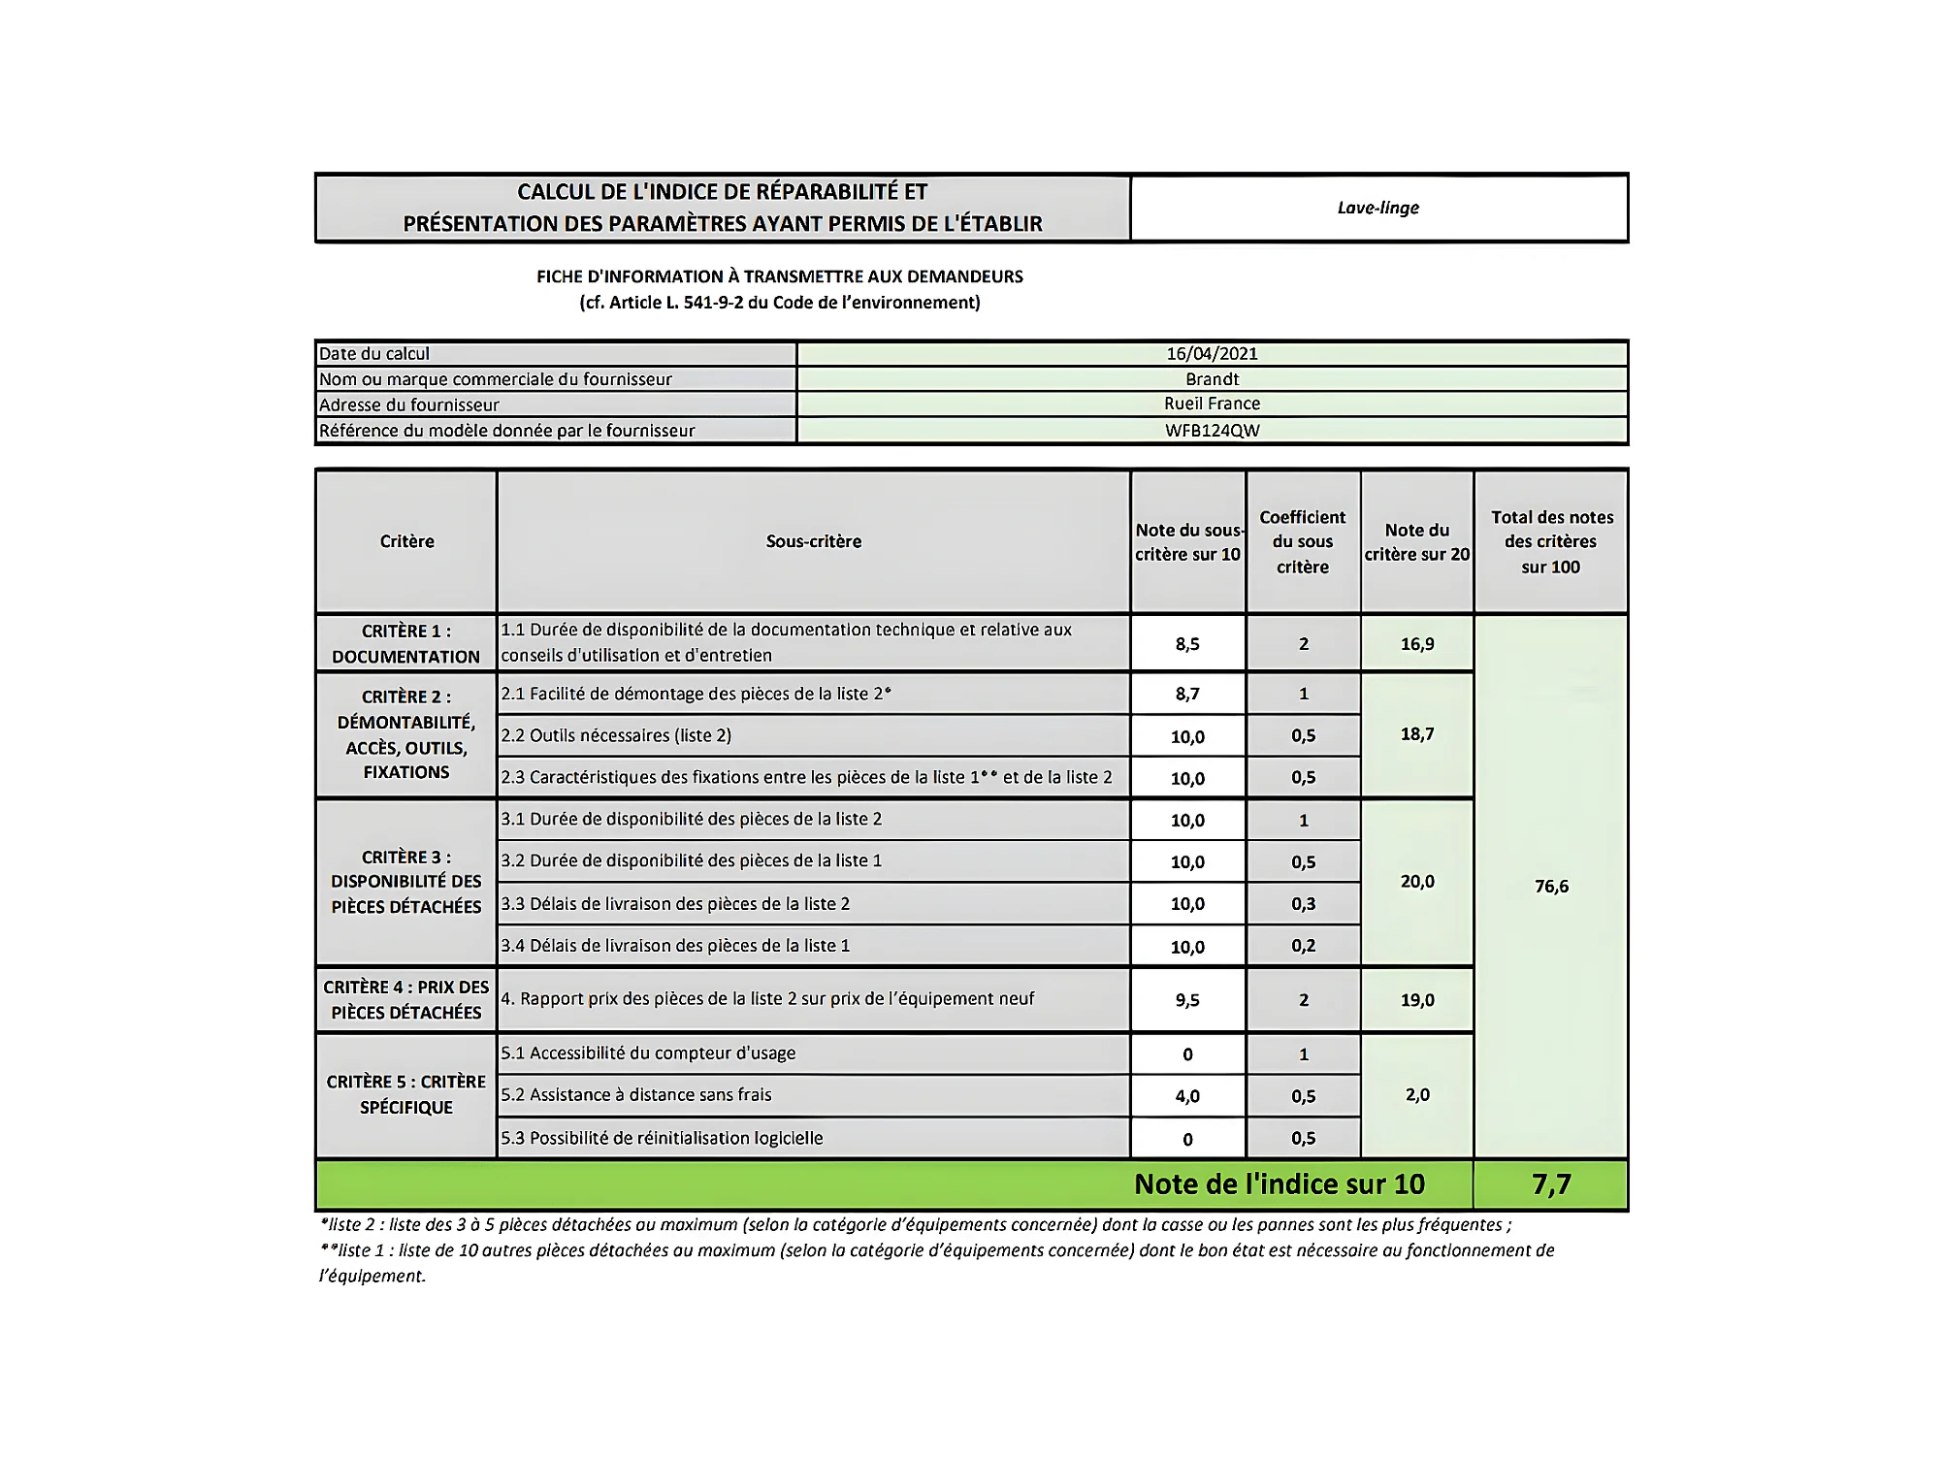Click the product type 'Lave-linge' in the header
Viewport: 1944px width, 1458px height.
[1377, 208]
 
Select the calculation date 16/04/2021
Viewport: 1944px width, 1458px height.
[1212, 354]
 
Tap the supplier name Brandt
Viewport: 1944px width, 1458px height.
[1212, 379]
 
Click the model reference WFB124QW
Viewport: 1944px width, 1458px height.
[1212, 431]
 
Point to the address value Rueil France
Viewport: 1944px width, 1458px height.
[1212, 404]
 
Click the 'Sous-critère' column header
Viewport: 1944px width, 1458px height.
[813, 541]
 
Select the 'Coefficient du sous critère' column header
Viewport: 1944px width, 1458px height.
[1302, 542]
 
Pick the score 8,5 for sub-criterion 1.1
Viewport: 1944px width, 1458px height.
[1187, 644]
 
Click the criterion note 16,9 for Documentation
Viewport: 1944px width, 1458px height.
[1416, 644]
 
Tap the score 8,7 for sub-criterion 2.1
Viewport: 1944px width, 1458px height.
[1187, 695]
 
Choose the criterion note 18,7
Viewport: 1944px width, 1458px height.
[1416, 734]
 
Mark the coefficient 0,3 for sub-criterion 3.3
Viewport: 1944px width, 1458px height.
[1303, 904]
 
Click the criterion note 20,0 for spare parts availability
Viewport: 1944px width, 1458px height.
[1416, 882]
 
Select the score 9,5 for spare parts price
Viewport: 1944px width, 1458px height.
[1187, 1000]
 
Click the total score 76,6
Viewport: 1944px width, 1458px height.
[1550, 887]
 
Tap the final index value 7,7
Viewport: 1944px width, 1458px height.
[1550, 1184]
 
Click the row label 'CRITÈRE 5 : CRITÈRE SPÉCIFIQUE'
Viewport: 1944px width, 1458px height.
[405, 1095]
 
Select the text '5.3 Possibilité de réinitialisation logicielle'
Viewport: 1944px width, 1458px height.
[662, 1139]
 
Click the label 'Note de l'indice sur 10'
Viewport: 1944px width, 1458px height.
[1279, 1184]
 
